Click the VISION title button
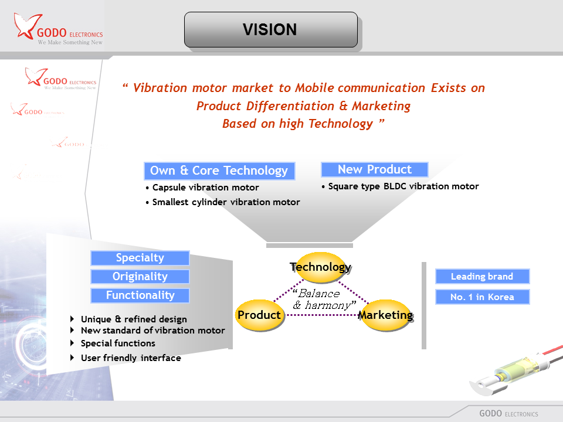coord(270,29)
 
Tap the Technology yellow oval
coord(320,267)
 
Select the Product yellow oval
coord(259,315)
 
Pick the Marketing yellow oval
coord(385,315)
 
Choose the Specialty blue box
coord(140,258)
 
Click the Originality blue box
coord(140,277)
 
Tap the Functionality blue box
coord(140,295)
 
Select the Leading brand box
coord(482,277)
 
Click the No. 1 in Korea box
coord(482,297)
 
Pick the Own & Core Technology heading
coord(219,171)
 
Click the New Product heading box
coord(374,170)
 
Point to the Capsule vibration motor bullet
coord(205,188)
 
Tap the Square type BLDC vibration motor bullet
coord(403,186)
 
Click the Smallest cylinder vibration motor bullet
coord(225,202)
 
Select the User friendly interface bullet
coord(130,358)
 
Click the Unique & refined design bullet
coord(133,319)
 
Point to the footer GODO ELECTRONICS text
coord(508,413)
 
